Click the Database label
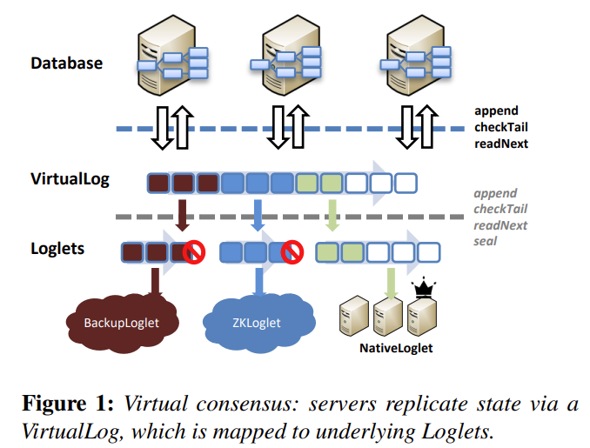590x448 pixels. tap(66, 63)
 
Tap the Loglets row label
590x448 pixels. tap(57, 249)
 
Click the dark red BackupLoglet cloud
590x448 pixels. tap(121, 323)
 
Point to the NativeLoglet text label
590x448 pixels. tap(396, 349)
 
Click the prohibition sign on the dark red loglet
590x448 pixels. tap(192, 253)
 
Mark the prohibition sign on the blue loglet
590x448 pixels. tap(293, 253)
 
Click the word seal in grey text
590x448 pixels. tap(486, 240)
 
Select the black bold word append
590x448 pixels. tap(496, 110)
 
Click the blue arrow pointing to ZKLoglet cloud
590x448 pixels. tap(258, 283)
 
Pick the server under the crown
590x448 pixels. tap(425, 317)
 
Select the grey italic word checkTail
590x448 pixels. tap(500, 209)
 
